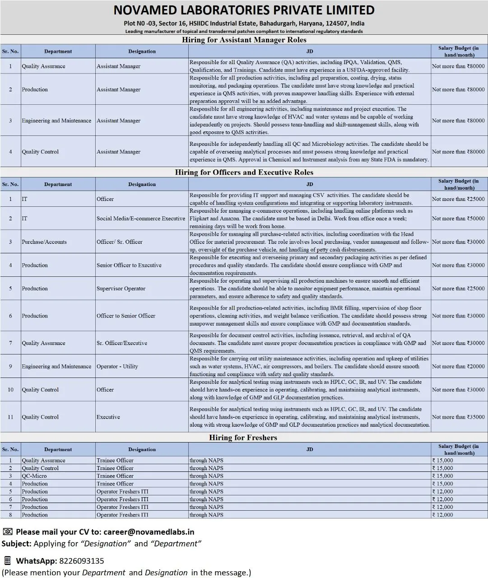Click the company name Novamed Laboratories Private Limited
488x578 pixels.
click(x=244, y=10)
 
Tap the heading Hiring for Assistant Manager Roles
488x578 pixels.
click(x=244, y=40)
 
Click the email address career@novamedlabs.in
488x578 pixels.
click(x=149, y=532)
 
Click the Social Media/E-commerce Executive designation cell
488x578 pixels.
click(x=141, y=219)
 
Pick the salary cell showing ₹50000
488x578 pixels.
click(x=458, y=219)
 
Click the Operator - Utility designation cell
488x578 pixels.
click(x=117, y=367)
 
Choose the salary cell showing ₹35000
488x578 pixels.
click(x=458, y=417)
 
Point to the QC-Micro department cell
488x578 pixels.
click(x=34, y=476)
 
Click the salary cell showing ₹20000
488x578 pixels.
click(x=458, y=367)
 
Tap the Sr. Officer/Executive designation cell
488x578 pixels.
click(x=122, y=343)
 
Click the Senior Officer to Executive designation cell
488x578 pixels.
click(x=129, y=266)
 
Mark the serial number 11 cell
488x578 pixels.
click(x=10, y=417)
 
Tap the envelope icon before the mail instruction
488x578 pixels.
click(x=8, y=532)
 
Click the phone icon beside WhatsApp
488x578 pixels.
click(x=7, y=561)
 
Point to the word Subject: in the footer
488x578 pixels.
click(x=16, y=544)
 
